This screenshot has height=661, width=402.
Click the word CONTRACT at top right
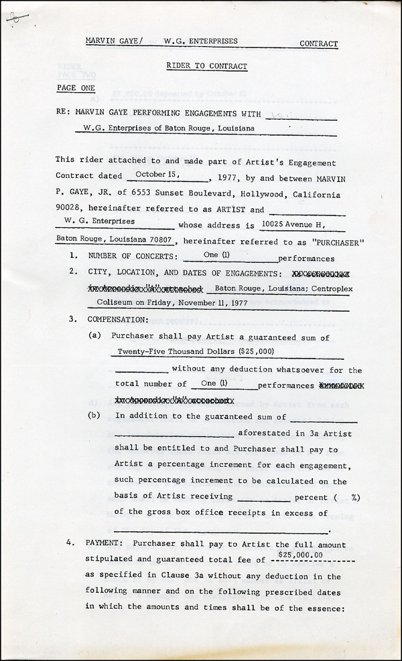point(318,44)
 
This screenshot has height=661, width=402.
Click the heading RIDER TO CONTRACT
point(207,66)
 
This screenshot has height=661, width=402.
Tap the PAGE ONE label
point(76,88)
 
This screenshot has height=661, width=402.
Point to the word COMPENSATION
point(118,318)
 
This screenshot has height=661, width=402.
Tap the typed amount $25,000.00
point(300,555)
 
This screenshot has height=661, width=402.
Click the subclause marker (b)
point(94,415)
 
